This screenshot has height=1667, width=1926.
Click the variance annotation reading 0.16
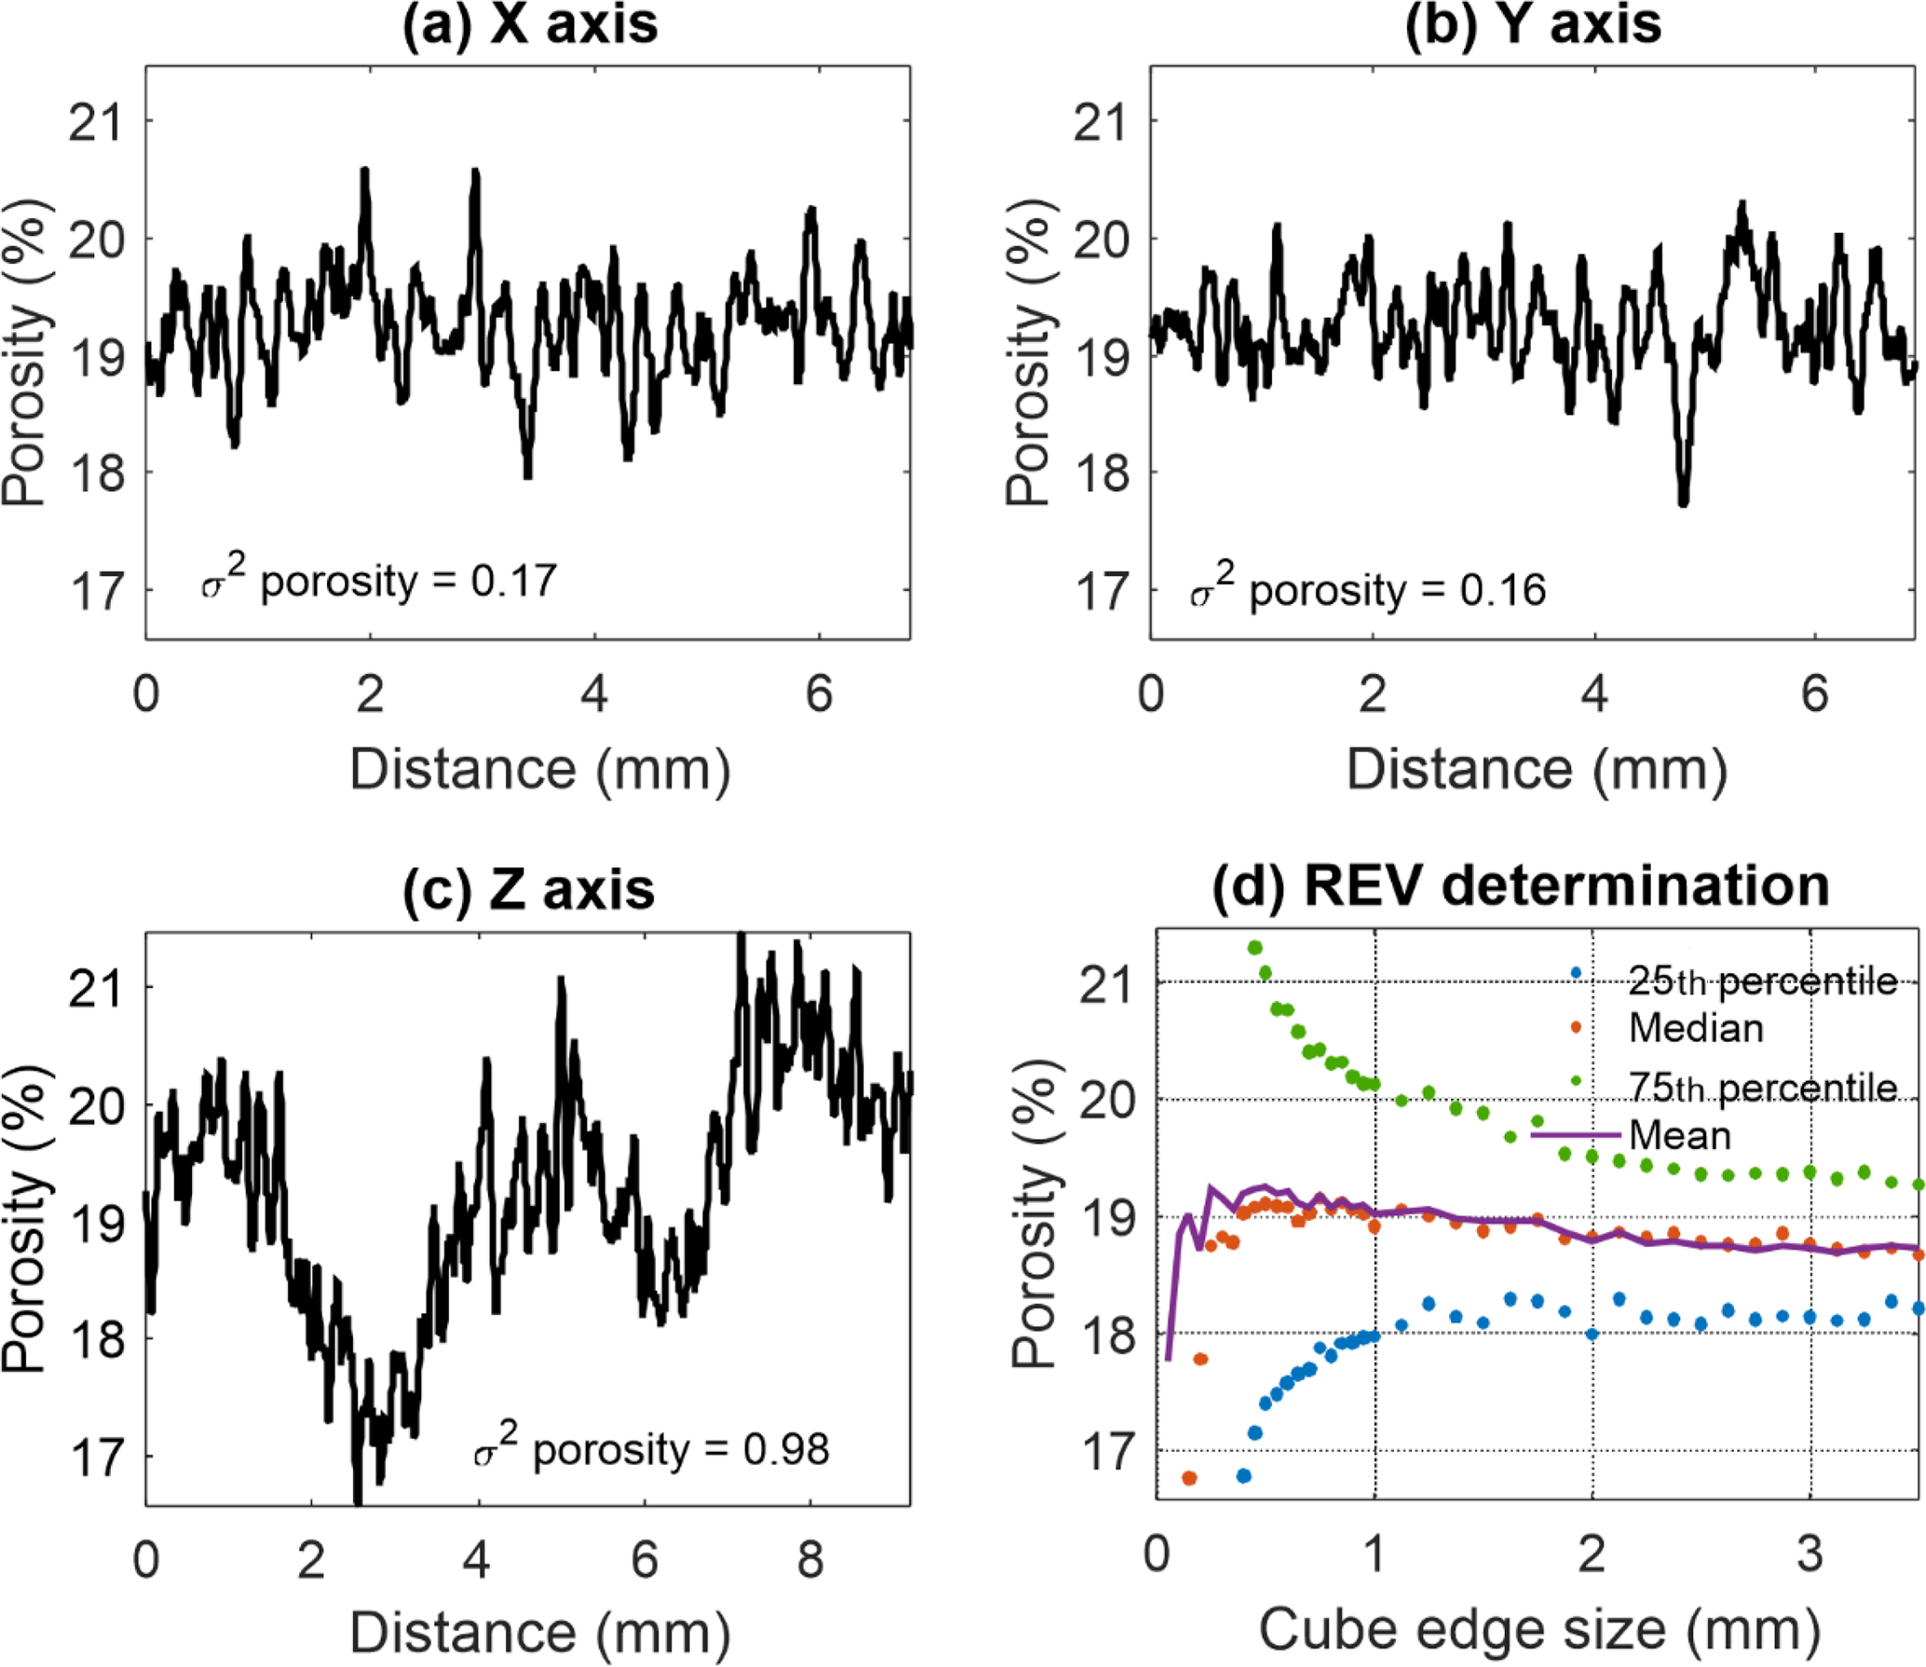(x=1368, y=589)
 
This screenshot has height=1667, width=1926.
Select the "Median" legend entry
(x=1696, y=1028)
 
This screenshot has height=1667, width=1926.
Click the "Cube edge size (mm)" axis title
(x=1538, y=1630)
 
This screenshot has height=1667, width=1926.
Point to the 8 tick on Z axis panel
(x=810, y=1559)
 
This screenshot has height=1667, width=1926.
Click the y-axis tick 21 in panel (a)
(x=96, y=122)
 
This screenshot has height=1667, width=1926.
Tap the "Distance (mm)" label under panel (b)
(x=1537, y=770)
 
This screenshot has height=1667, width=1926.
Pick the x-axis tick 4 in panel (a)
(x=594, y=693)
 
